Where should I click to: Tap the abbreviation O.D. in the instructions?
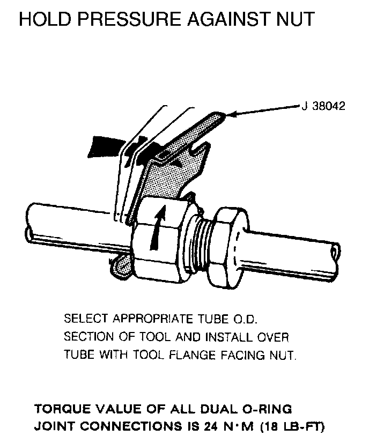pyautogui.click(x=245, y=319)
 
